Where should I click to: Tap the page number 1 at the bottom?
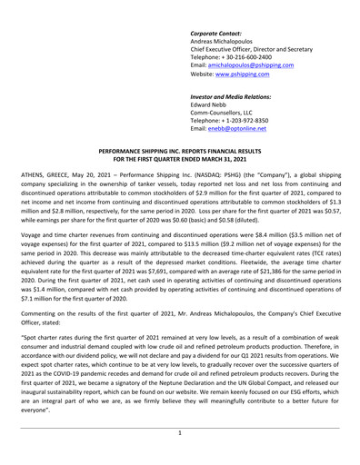coord(180,434)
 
